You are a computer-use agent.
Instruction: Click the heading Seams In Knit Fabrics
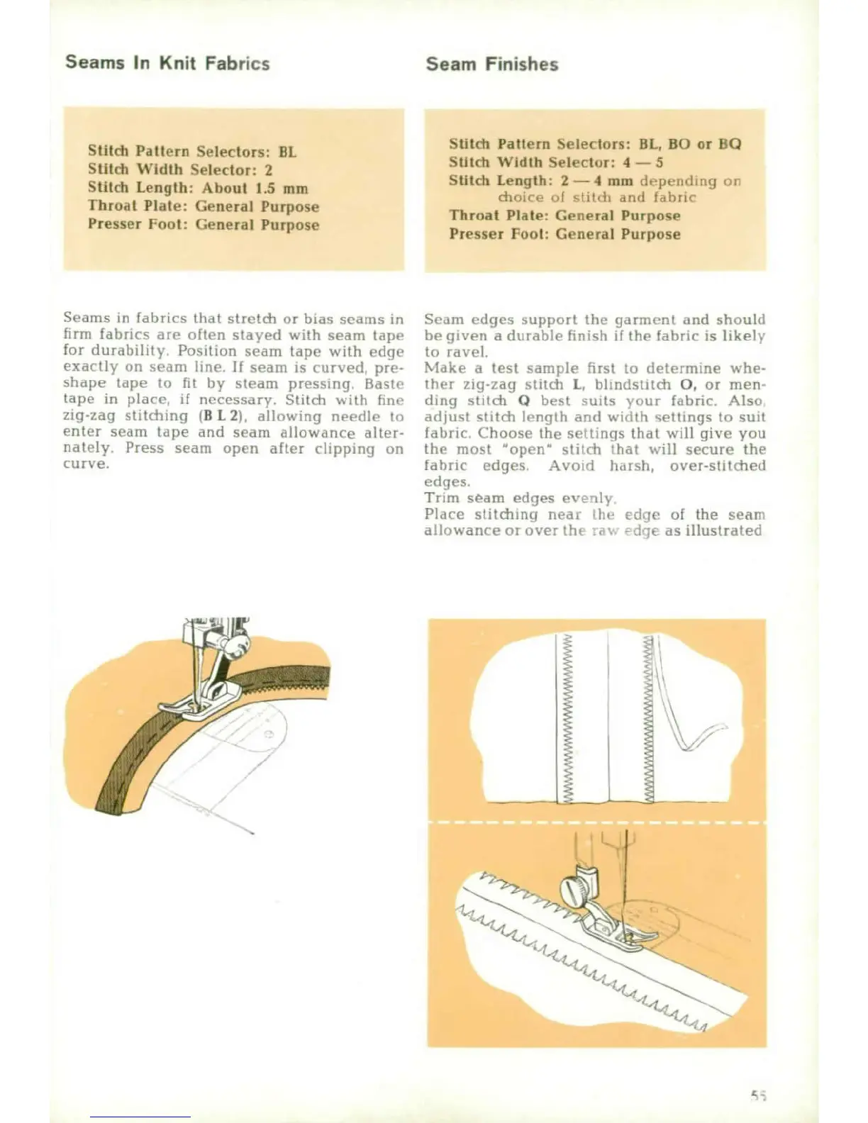click(x=167, y=63)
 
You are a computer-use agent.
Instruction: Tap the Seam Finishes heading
click(x=491, y=65)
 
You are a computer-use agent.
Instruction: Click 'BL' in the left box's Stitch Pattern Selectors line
click(x=287, y=152)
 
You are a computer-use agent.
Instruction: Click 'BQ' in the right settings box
click(x=729, y=144)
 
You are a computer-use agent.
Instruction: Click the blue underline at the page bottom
click(x=140, y=1117)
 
